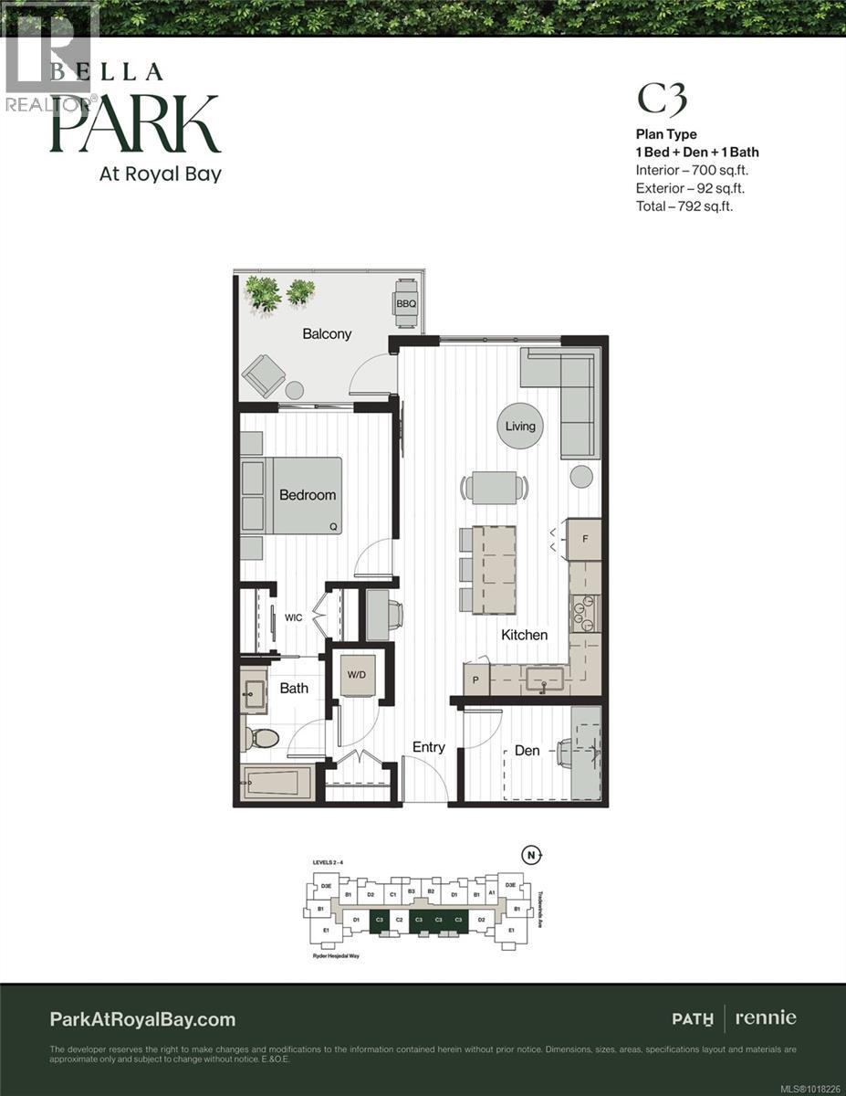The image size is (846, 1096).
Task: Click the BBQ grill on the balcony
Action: pos(406,303)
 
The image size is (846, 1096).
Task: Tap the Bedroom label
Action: pos(307,495)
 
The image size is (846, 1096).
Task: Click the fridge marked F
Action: pos(584,539)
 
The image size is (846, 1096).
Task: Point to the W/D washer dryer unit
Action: pos(355,675)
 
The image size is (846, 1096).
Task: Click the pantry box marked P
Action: pos(475,680)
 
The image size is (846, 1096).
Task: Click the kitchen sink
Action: pos(544,679)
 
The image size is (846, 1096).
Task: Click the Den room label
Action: pos(527,751)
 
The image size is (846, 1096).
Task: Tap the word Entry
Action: pos(428,747)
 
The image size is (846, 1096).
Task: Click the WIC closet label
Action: pos(293,618)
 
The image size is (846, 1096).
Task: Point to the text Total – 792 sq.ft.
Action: pos(684,206)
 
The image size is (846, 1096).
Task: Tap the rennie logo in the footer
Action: pos(768,1017)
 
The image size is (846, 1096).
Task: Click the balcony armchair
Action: pos(263,375)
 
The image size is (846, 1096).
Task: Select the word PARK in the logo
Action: pos(135,124)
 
